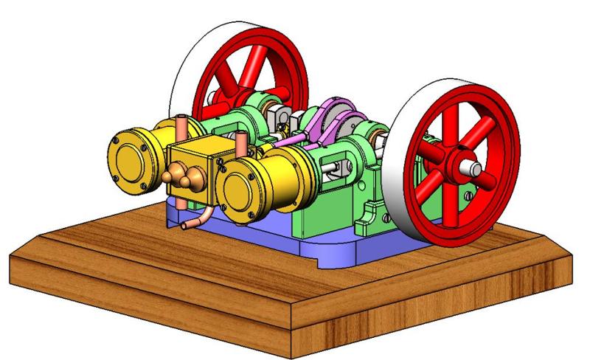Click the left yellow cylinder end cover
point(129,154)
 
